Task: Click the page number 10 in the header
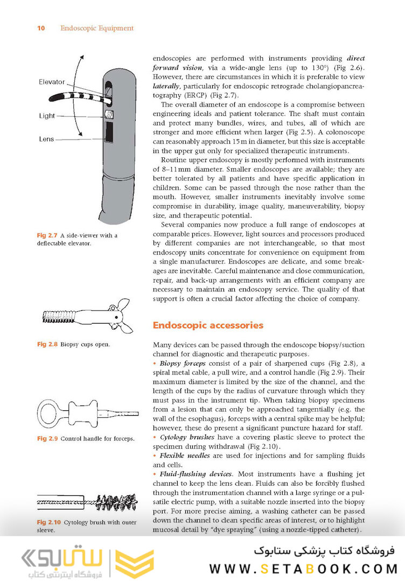[x=41, y=28]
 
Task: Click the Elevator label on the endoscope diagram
[x=52, y=82]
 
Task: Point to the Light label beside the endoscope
[x=47, y=116]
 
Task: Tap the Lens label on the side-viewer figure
[x=46, y=139]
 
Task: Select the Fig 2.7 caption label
[x=47, y=235]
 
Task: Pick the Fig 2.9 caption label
[x=47, y=438]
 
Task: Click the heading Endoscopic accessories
[x=200, y=325]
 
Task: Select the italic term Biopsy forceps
[x=183, y=364]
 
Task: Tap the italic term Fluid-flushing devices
[x=196, y=474]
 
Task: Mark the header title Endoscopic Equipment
[x=97, y=28]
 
